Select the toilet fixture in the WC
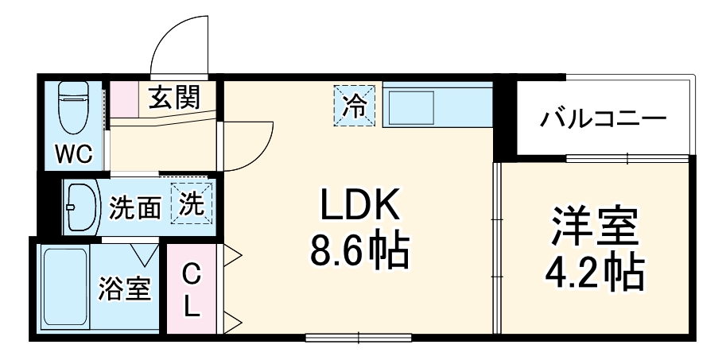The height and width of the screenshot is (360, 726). point(74,110)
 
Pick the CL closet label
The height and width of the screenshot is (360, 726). point(191,291)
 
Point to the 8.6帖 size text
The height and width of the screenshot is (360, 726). point(358,252)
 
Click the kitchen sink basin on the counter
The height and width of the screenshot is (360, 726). point(409,106)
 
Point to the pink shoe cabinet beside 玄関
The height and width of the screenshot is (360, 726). point(123,100)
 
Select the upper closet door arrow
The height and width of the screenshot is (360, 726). point(231,256)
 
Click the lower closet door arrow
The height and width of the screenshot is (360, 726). point(231,322)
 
